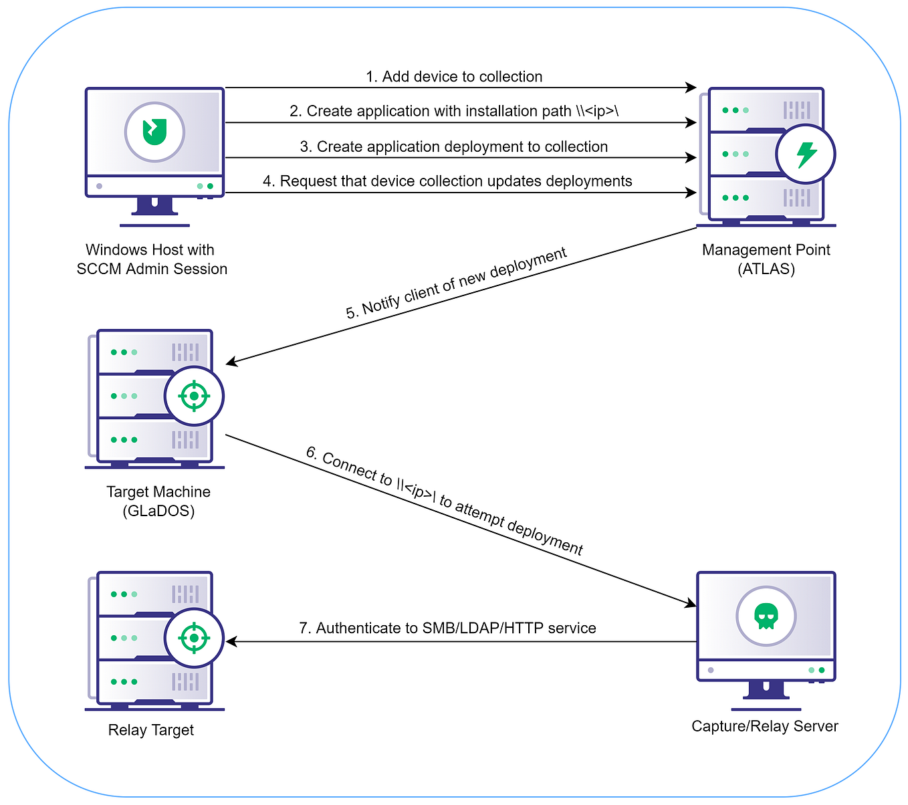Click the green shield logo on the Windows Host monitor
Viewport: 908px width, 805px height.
coord(154,132)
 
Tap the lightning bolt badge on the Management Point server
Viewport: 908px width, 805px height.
coord(806,154)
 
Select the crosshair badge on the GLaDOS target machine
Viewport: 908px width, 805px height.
coord(194,396)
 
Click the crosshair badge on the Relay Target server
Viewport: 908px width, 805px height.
coord(194,639)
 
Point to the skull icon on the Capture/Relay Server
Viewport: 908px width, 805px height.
coord(766,616)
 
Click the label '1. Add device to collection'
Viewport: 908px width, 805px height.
coord(454,77)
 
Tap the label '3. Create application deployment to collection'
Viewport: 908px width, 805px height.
coord(454,147)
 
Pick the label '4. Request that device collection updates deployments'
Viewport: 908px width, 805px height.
coord(447,182)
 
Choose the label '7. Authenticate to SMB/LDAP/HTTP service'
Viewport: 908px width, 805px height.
coord(447,628)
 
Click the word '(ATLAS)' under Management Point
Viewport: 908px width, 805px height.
coord(766,269)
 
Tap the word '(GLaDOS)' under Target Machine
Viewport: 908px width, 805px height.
coord(158,511)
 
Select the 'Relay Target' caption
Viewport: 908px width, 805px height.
coord(151,730)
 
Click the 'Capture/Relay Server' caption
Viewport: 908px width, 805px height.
coord(765,726)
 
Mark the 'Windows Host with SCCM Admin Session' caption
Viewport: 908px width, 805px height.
coord(152,259)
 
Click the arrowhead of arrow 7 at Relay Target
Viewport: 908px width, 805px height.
coord(231,642)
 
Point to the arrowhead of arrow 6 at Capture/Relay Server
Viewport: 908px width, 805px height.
coord(691,604)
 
